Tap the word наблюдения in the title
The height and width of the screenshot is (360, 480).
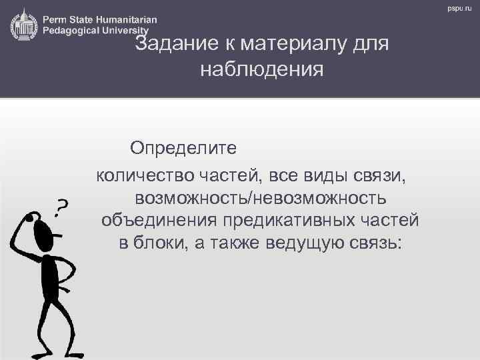point(261,69)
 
